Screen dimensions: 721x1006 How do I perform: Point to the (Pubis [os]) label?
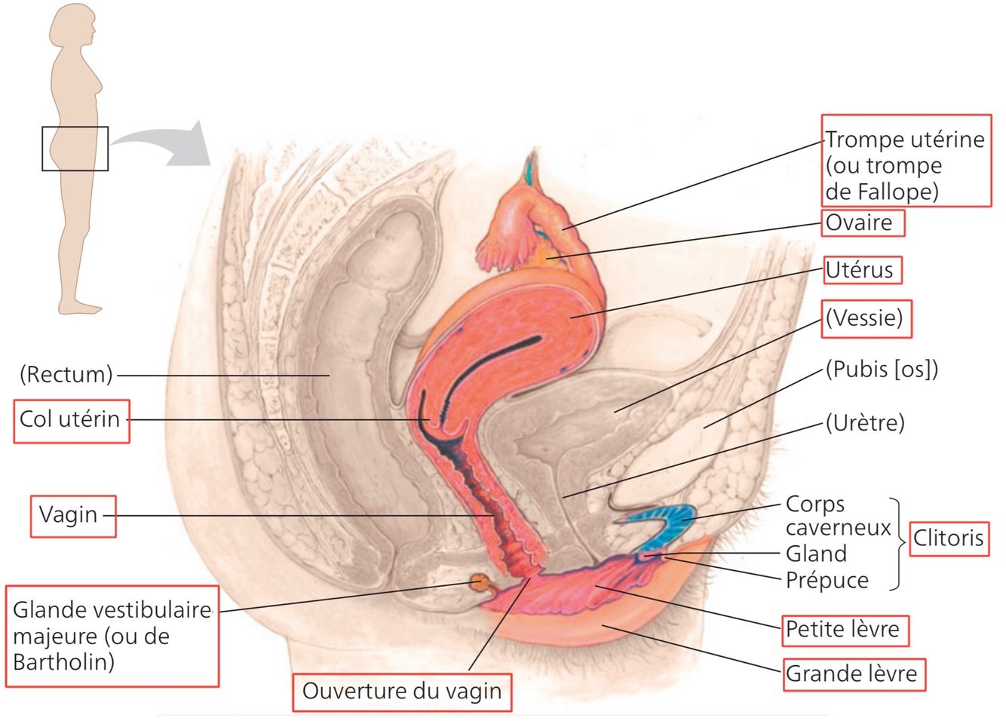tap(882, 370)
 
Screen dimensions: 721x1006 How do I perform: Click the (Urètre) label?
tap(864, 422)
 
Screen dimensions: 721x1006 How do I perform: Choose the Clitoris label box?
tap(948, 538)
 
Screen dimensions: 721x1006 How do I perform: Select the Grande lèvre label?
tap(851, 673)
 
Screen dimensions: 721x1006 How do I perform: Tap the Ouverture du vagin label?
tap(401, 692)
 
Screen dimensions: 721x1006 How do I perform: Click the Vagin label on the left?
tap(69, 515)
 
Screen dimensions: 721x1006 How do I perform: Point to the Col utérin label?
tap(70, 419)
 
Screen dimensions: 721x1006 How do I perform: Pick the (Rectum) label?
tap(66, 374)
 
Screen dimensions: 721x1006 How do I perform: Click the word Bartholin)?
tap(64, 662)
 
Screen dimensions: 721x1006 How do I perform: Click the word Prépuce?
tap(827, 580)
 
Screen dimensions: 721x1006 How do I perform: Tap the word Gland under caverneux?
tap(816, 554)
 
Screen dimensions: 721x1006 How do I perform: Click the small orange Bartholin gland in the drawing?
tap(478, 582)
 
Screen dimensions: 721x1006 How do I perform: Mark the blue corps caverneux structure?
tap(664, 520)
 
